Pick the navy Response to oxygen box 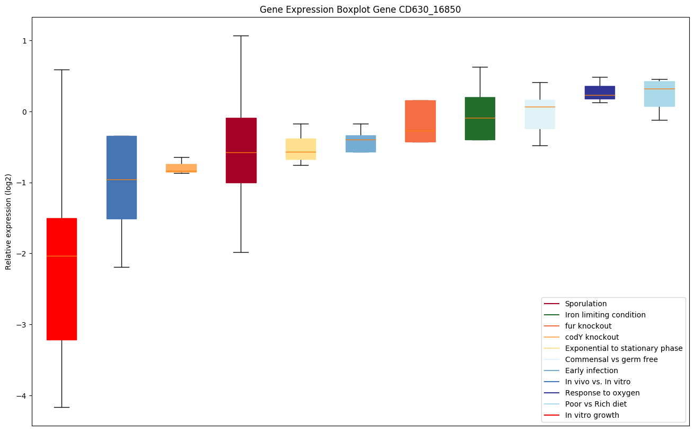[600, 92]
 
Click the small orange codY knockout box [181, 168]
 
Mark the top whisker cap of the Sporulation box [241, 36]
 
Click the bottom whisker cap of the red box [62, 407]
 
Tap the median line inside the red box [62, 256]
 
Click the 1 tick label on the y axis [24, 41]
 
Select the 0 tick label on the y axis [24, 112]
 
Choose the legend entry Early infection [591, 370]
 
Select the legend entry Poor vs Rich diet [595, 404]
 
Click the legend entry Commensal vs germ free [611, 359]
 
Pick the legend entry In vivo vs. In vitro [598, 382]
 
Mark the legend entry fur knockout [588, 326]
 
